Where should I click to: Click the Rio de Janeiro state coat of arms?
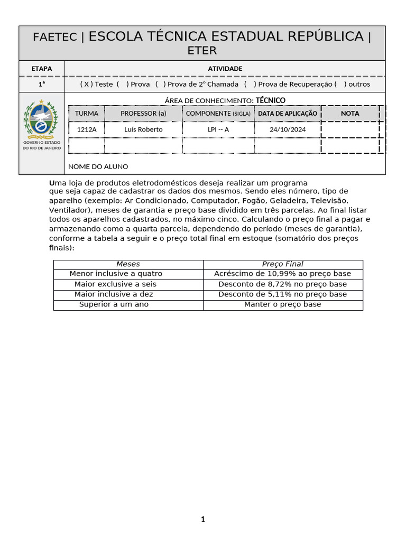[x=41, y=119]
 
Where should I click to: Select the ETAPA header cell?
[x=42, y=69]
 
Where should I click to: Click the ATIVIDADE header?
[x=225, y=69]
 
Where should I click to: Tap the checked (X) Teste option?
[x=96, y=84]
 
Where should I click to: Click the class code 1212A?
[x=87, y=129]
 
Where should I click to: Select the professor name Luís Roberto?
[x=143, y=129]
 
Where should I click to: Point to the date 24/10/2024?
[x=288, y=129]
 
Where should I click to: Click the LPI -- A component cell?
[x=218, y=129]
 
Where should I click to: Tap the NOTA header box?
[x=350, y=114]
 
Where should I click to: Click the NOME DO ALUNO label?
[x=98, y=166]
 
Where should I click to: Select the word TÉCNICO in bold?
[x=271, y=100]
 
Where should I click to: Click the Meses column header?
[x=128, y=264]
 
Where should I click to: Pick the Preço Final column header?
[x=283, y=264]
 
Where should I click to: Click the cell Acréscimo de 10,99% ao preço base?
[x=283, y=274]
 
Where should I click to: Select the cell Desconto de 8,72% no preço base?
[x=283, y=284]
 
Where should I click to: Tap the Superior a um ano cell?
[x=114, y=304]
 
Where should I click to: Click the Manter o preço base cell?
[x=283, y=304]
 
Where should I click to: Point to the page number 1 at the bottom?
[x=202, y=519]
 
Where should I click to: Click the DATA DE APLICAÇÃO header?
[x=288, y=114]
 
